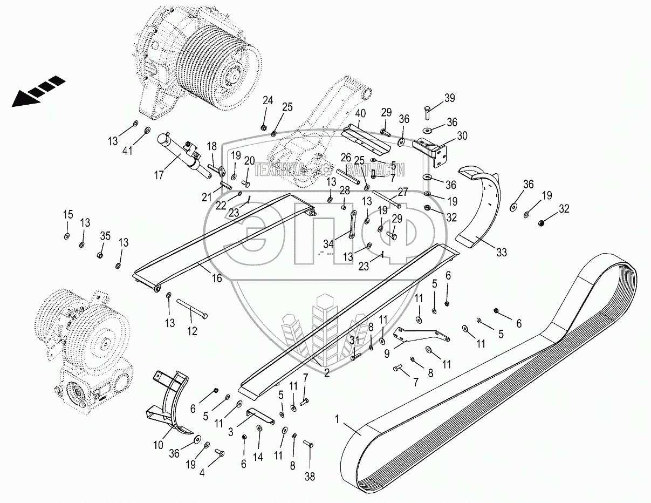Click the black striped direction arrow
coord(38,91)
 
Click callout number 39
coord(450,98)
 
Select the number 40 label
coord(360,114)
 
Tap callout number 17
coord(159,175)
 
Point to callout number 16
coord(217,278)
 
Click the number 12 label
coord(193,331)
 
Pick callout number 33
coord(502,253)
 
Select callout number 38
coord(310,477)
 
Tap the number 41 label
coord(128,151)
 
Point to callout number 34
coord(328,244)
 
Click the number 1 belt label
coord(337,419)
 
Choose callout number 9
coord(387,354)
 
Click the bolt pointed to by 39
coord(428,112)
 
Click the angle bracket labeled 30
coord(431,151)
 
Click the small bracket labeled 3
coord(260,416)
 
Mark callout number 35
coord(105,236)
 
